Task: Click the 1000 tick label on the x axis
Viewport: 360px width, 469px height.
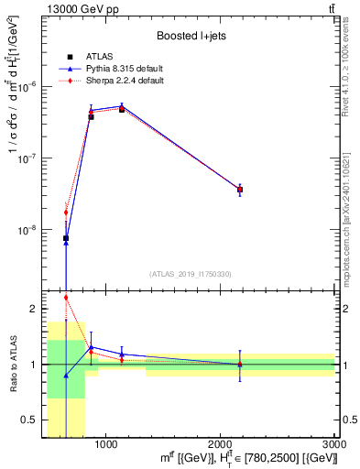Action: (x=106, y=444)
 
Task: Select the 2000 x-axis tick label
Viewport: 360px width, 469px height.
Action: (x=221, y=444)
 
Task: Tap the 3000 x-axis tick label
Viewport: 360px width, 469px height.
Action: (x=333, y=444)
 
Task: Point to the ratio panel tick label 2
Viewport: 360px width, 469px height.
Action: (x=32, y=310)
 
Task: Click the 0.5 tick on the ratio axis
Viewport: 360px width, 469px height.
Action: (x=28, y=420)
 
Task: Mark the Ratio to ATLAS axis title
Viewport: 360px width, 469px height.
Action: (x=12, y=365)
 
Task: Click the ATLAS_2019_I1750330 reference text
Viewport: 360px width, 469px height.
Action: (x=191, y=273)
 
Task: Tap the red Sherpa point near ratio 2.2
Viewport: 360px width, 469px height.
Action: (x=66, y=297)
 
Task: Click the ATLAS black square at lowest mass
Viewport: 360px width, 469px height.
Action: (x=66, y=238)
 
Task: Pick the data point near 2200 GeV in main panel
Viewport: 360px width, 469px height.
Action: (x=240, y=190)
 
